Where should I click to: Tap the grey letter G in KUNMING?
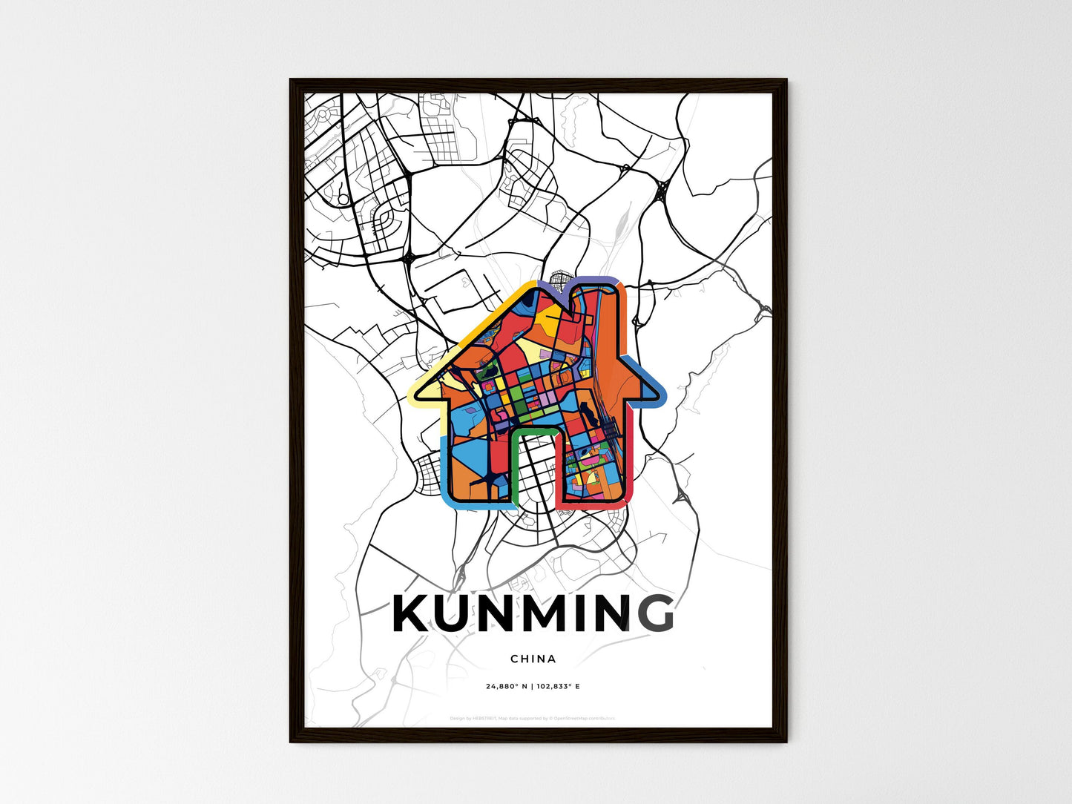pyautogui.click(x=652, y=613)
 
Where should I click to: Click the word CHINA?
pyautogui.click(x=533, y=659)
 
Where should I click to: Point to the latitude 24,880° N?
pyautogui.click(x=507, y=686)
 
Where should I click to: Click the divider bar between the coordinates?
pyautogui.click(x=532, y=686)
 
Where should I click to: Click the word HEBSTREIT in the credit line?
pyautogui.click(x=486, y=718)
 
